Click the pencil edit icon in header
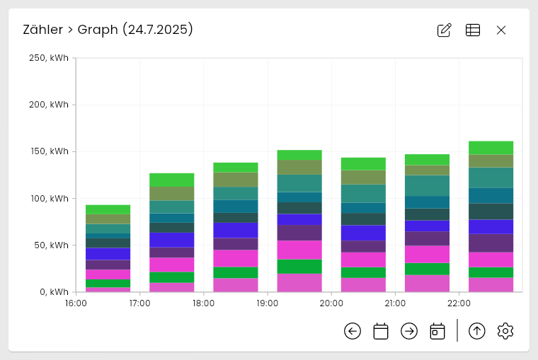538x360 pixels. tap(445, 30)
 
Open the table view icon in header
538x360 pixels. tap(473, 30)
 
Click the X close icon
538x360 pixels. tap(501, 30)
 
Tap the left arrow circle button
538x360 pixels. tap(353, 331)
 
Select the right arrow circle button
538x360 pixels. tap(409, 331)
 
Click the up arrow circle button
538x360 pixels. tap(477, 331)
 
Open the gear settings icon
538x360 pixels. tap(505, 331)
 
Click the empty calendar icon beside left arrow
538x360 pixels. tap(381, 331)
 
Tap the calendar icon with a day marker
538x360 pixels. tap(437, 331)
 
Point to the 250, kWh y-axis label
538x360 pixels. tap(49, 58)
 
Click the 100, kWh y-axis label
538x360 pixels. tap(49, 198)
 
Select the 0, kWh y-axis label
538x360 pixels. tap(53, 291)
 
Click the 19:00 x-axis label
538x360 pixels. tap(268, 303)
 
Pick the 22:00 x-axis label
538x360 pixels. tap(459, 303)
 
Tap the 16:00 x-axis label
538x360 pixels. tap(76, 303)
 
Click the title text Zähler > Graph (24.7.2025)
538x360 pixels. tap(108, 30)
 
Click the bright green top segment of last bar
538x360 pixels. tap(491, 147)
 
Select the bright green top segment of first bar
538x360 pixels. tap(108, 209)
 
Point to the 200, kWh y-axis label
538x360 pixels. tap(49, 105)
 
